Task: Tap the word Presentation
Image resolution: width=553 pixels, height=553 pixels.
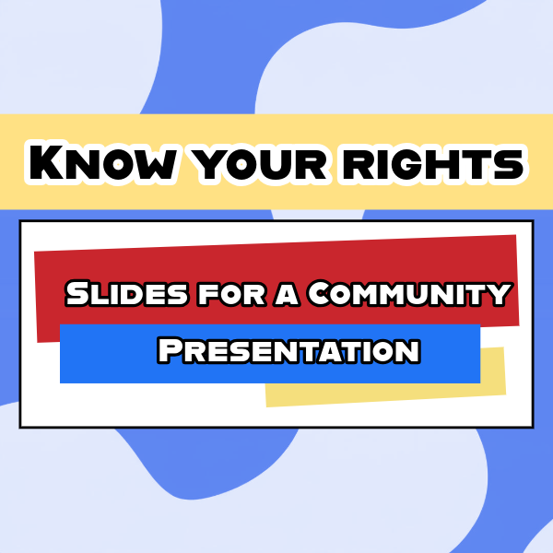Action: (x=288, y=350)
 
